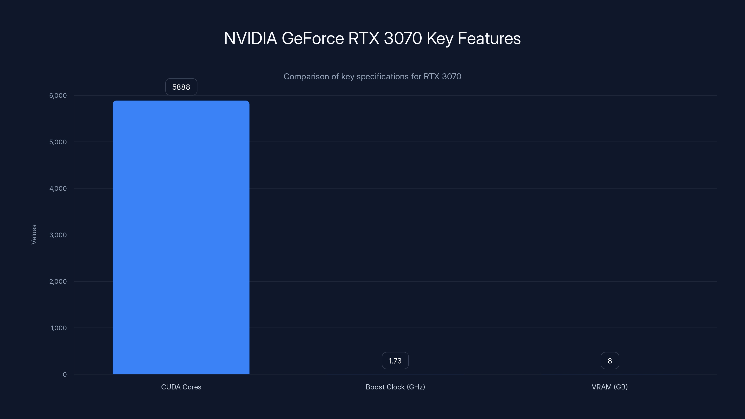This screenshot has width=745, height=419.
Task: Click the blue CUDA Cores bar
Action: point(181,237)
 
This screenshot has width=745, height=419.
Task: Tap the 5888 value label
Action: point(181,87)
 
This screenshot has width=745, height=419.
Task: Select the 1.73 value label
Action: point(395,361)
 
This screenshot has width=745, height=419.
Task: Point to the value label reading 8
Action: point(610,361)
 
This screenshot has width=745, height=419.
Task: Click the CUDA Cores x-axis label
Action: point(181,387)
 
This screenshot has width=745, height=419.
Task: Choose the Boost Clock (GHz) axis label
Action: point(395,387)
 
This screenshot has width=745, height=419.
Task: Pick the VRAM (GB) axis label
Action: point(610,387)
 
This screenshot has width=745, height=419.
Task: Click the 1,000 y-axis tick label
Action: point(58,328)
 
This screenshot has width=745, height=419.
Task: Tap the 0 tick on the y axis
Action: point(64,375)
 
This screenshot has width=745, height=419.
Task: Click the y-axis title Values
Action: point(34,234)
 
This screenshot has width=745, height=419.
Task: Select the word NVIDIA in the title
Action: point(251,38)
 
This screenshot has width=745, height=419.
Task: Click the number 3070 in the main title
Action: point(403,38)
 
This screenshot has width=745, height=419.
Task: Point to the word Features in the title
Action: point(489,38)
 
